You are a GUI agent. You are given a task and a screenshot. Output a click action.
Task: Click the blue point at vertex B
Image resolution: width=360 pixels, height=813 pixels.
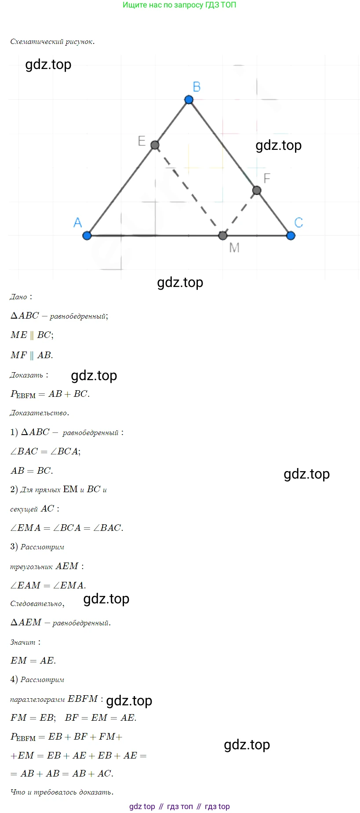pyautogui.click(x=189, y=100)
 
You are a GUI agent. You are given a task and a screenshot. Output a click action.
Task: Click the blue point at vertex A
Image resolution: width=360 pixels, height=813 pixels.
pyautogui.click(x=87, y=236)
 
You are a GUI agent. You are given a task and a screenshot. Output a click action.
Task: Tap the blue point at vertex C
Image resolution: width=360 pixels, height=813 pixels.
pyautogui.click(x=291, y=236)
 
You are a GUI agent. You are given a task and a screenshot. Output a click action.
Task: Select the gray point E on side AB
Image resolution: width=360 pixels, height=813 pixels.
pyautogui.click(x=155, y=145)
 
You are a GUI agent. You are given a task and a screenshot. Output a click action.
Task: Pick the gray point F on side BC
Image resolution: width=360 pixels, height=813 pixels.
pyautogui.click(x=257, y=190)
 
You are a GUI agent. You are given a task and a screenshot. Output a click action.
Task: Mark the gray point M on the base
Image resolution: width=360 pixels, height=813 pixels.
pyautogui.click(x=223, y=236)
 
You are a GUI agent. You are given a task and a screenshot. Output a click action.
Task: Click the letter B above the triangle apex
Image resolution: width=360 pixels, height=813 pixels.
pyautogui.click(x=196, y=87)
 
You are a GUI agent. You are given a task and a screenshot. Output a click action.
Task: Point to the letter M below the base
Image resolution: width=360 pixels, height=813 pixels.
pyautogui.click(x=234, y=248)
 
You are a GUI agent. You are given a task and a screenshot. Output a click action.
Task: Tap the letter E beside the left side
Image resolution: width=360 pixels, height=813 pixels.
pyautogui.click(x=142, y=141)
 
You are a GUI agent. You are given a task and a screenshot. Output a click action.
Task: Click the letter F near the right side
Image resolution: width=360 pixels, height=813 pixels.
pyautogui.click(x=266, y=178)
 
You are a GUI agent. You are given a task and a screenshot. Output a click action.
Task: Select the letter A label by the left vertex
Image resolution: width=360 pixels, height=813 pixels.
pyautogui.click(x=78, y=223)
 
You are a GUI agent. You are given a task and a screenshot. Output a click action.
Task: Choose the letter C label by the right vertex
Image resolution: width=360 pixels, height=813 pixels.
pyautogui.click(x=298, y=223)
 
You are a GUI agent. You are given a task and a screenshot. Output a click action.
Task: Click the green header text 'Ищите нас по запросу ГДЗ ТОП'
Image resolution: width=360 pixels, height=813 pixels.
pyautogui.click(x=179, y=5)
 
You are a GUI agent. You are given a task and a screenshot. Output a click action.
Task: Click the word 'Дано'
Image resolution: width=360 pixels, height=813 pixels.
pyautogui.click(x=18, y=297)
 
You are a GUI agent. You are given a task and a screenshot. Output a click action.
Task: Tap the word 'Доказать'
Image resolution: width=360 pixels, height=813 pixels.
pyautogui.click(x=26, y=375)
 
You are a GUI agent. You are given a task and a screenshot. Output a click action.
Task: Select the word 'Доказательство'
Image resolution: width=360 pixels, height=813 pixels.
pyautogui.click(x=39, y=413)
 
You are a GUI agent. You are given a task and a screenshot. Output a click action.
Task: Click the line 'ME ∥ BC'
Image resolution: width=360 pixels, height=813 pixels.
pyautogui.click(x=32, y=335)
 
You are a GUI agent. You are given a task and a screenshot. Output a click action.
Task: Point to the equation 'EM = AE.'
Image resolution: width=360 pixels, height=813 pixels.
pyautogui.click(x=33, y=661)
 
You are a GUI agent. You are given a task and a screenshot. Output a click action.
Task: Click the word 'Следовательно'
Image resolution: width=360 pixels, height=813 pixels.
pyautogui.click(x=37, y=604)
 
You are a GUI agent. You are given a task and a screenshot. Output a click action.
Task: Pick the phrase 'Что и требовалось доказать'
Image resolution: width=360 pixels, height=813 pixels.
pyautogui.click(x=62, y=792)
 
